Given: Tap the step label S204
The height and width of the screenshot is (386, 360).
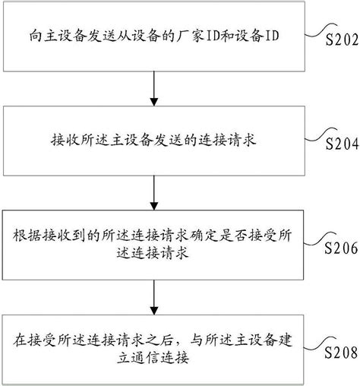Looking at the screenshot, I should [x=339, y=143].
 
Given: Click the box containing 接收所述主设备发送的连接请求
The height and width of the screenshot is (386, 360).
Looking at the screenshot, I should [x=155, y=138].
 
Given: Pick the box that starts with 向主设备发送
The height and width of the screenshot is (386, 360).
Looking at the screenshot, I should [x=155, y=35].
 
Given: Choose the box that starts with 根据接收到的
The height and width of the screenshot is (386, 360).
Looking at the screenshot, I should [x=155, y=243].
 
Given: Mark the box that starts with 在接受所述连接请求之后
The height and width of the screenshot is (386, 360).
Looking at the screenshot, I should [x=155, y=346].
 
